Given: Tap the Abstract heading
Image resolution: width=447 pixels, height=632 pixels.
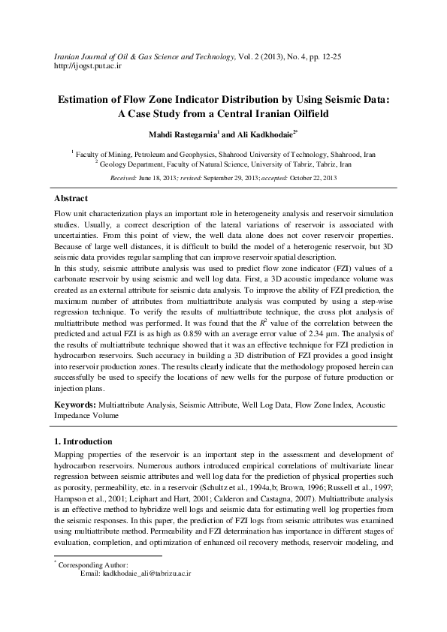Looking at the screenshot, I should (x=71, y=198).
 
